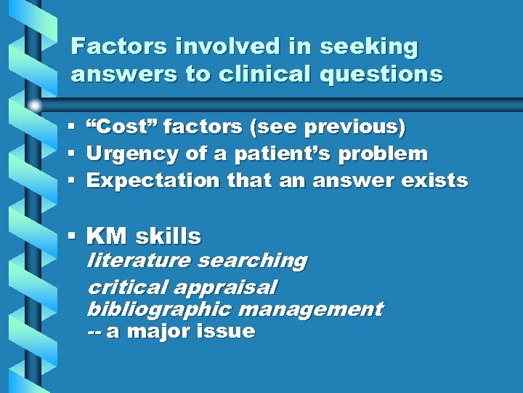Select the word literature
click(138, 261)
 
